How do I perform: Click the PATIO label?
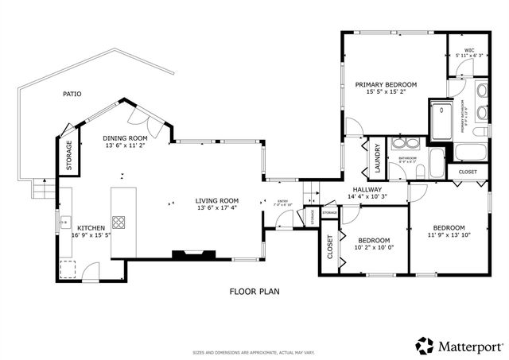tap(72, 95)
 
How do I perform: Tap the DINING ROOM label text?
tap(126, 137)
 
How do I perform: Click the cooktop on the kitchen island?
tap(119, 223)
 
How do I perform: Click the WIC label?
tap(469, 51)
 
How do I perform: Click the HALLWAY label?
tap(367, 189)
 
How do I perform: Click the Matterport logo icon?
tap(425, 346)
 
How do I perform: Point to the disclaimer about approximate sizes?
tap(254, 351)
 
